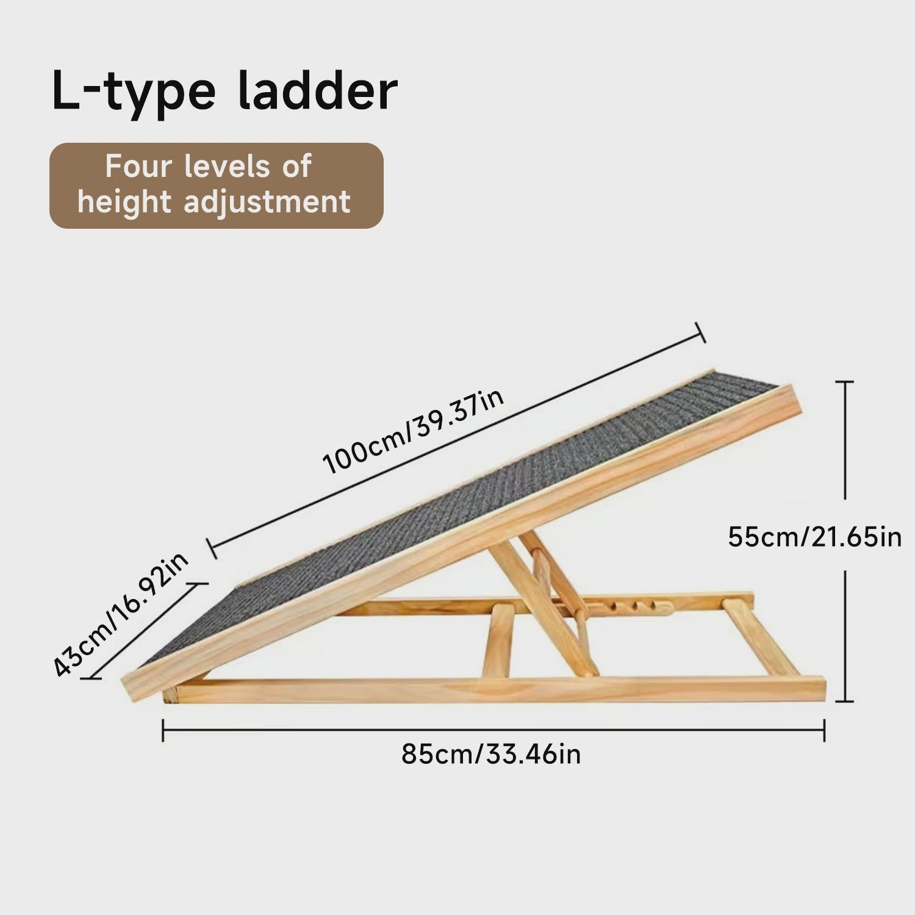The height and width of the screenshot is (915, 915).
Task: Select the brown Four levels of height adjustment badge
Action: [x=216, y=185]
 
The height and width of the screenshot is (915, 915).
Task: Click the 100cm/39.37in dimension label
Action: [x=413, y=431]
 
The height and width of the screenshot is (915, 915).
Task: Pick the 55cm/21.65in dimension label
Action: [x=815, y=537]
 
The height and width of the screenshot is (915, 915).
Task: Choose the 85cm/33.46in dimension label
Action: [x=491, y=755]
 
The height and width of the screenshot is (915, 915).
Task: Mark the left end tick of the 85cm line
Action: [x=163, y=730]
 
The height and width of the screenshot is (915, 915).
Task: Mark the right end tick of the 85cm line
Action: [x=824, y=730]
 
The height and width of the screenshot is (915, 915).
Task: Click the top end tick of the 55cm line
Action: [x=844, y=381]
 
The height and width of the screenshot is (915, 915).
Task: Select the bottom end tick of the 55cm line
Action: [x=844, y=701]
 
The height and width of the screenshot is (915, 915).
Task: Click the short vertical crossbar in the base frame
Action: [x=499, y=640]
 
